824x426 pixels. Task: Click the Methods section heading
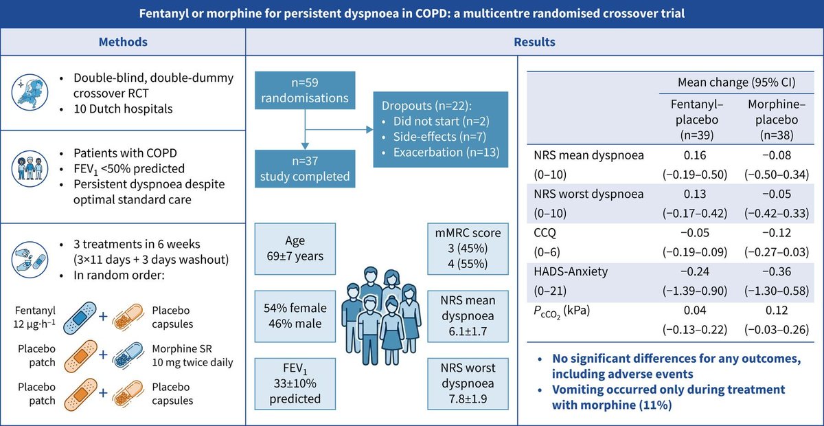[123, 42]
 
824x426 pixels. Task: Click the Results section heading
[534, 42]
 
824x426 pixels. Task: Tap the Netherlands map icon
[30, 92]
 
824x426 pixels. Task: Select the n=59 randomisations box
[305, 90]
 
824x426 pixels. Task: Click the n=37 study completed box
[305, 168]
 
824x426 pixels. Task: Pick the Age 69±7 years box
[295, 249]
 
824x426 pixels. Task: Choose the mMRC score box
[468, 249]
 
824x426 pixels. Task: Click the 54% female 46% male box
[295, 316]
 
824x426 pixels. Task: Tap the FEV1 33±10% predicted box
[295, 383]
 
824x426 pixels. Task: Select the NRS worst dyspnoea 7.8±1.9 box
[468, 383]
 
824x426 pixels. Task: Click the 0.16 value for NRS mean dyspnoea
[695, 155]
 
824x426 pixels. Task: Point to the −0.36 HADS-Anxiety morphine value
[777, 271]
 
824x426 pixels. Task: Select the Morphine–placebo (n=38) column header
[777, 120]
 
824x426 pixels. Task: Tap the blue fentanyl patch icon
[80, 317]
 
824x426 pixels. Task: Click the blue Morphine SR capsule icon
[128, 355]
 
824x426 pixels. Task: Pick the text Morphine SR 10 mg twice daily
[192, 355]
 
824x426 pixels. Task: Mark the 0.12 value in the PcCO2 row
[777, 311]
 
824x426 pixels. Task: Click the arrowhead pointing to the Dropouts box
[369, 129]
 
